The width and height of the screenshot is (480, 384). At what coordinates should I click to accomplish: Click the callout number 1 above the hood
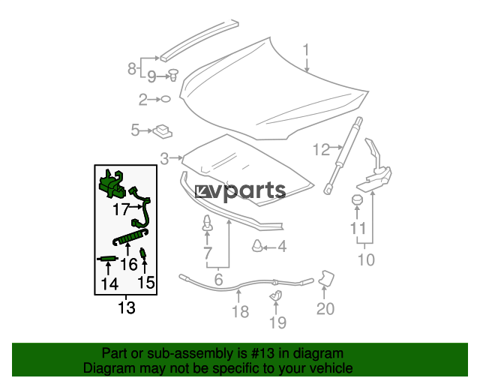pos(306,50)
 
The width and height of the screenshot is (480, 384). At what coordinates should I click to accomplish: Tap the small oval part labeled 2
pos(166,99)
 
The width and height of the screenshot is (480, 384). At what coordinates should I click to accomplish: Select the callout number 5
pos(135,130)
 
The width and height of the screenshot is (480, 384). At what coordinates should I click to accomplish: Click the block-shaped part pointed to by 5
pos(163,131)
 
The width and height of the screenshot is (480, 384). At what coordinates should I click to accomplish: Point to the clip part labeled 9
pos(173,75)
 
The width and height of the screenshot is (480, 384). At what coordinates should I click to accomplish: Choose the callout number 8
pos(132,68)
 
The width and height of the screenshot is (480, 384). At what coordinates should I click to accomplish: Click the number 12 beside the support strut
pos(321,150)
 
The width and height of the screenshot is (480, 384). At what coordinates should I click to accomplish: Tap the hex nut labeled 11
pos(357,200)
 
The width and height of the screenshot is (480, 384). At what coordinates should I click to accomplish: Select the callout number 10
pos(366,259)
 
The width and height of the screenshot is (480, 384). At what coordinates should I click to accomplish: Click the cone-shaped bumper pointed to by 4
pos(257,245)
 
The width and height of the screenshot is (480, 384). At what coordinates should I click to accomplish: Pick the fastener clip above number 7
pos(207,223)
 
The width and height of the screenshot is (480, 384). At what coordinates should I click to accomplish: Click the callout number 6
pos(218,279)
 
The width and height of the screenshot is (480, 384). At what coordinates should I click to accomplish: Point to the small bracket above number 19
pos(276,295)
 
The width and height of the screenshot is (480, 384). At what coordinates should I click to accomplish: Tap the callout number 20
pos(325,309)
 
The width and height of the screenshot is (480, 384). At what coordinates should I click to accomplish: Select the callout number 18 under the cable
pos(240,312)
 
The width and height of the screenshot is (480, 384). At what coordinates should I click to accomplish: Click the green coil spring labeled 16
pos(130,237)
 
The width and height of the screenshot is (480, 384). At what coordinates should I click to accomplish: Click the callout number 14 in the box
pos(109,283)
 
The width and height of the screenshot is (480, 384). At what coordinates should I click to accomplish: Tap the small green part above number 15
pos(142,253)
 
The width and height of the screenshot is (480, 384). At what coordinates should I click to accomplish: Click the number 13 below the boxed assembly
pos(127,307)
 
